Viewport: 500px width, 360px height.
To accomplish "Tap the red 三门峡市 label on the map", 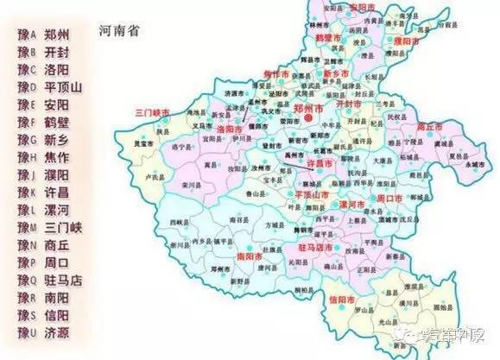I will click(x=152, y=112).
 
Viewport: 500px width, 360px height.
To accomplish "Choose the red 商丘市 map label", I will click(x=429, y=126).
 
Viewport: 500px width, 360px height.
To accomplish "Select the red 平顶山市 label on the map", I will click(x=302, y=195).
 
